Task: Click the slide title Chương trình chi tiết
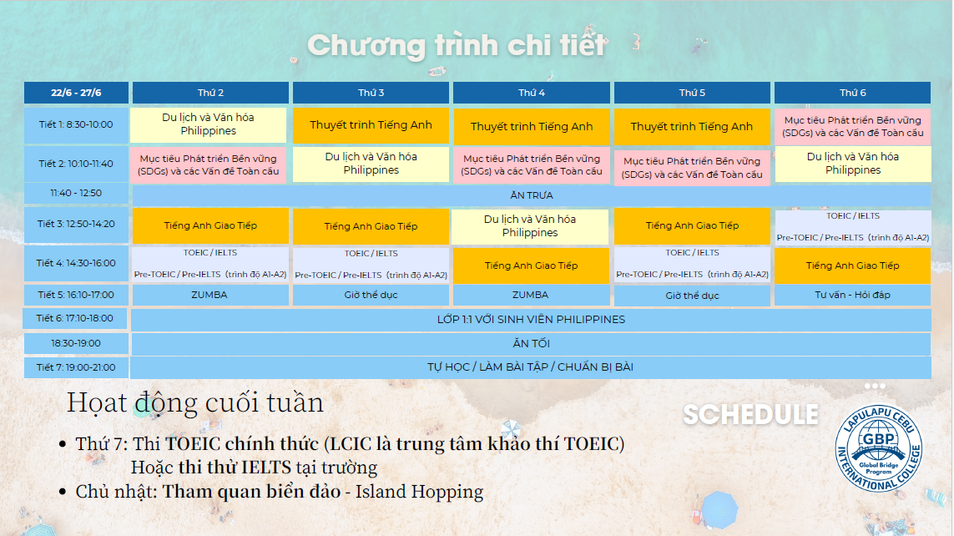click(457, 45)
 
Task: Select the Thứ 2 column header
click(210, 93)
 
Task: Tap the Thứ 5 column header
click(692, 93)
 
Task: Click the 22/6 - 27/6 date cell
click(76, 93)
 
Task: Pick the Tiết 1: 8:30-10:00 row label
click(76, 124)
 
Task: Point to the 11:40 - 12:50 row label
click(76, 193)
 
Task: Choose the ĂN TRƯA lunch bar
click(531, 195)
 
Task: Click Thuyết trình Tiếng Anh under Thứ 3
click(371, 125)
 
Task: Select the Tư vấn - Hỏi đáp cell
click(852, 295)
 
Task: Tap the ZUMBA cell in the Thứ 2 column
click(210, 295)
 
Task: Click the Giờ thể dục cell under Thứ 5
click(692, 296)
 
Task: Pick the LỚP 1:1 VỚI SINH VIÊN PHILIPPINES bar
click(531, 319)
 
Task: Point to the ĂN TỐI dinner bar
click(531, 343)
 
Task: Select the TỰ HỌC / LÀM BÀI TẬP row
click(531, 367)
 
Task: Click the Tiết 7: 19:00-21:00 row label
click(76, 367)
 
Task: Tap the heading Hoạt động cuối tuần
click(195, 403)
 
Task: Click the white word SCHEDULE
click(750, 414)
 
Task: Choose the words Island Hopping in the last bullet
click(419, 492)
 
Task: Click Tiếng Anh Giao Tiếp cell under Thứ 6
click(852, 265)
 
